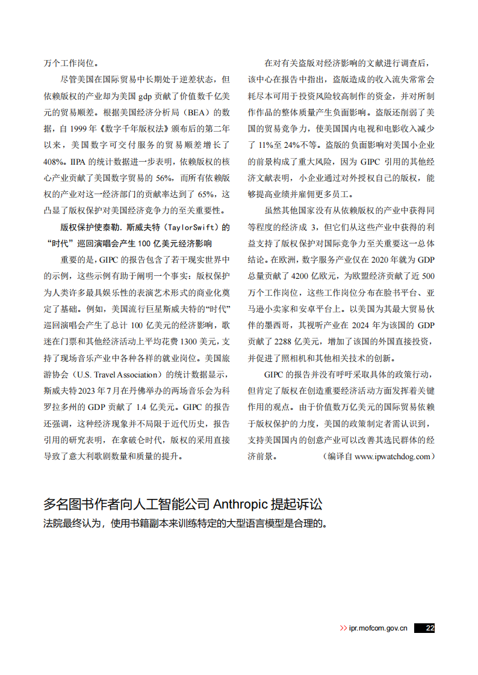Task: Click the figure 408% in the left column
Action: point(54,162)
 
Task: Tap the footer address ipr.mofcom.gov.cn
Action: point(378,628)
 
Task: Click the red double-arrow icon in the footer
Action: point(343,628)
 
